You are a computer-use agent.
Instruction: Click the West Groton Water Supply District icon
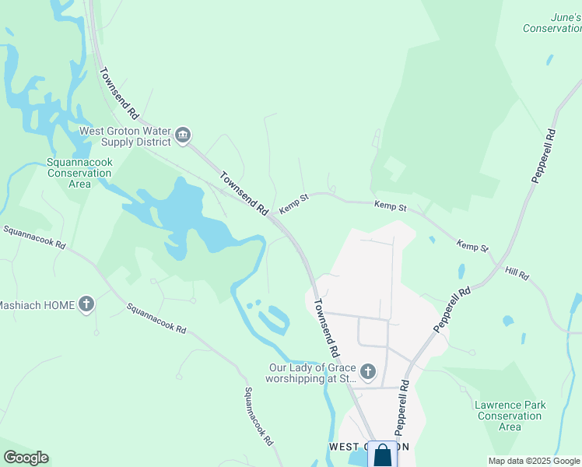coord(183,135)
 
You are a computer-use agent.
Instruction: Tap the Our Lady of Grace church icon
coord(368,373)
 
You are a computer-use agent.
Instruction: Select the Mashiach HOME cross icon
coord(86,304)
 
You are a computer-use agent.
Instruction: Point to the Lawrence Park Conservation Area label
coord(510,416)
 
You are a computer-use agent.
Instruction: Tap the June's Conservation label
coord(552,23)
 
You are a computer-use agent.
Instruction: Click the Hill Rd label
coord(517,275)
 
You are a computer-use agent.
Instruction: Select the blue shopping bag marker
coord(382,455)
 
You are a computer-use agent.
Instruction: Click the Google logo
coord(26,458)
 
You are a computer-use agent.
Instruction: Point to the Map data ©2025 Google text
coord(534,461)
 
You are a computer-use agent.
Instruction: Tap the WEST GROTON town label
coord(369,447)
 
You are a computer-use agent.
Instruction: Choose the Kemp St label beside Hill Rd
coord(473,246)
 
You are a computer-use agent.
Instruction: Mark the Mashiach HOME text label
coord(37,305)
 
